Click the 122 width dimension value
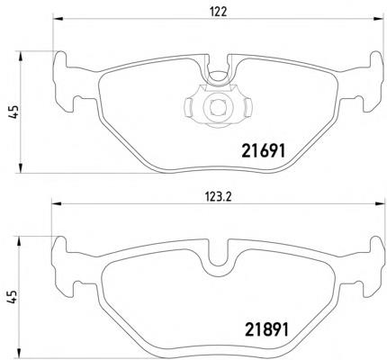[x=218, y=12]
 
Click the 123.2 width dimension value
[x=218, y=197]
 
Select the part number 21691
[x=263, y=151]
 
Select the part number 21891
[x=266, y=329]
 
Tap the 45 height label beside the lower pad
[x=11, y=297]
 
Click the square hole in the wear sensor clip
[x=217, y=107]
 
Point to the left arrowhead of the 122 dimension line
[x=58, y=19]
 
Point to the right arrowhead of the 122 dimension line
[x=379, y=19]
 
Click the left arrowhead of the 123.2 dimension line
[x=57, y=203]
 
